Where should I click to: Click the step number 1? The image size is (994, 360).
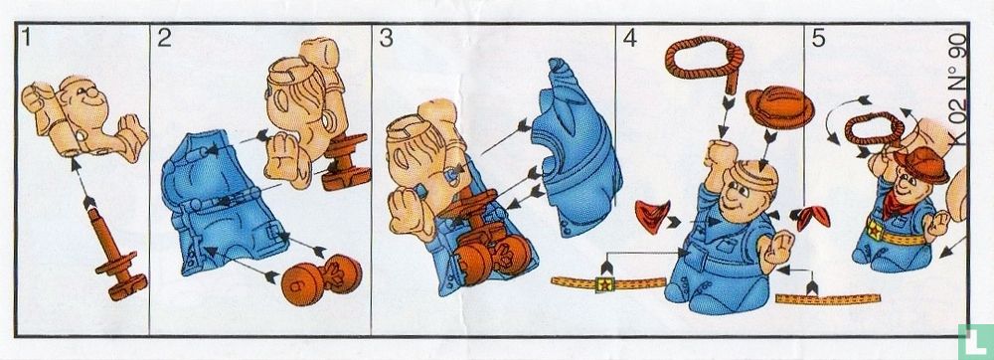(26, 38)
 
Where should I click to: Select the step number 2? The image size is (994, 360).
(164, 38)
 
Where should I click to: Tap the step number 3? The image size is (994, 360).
(386, 38)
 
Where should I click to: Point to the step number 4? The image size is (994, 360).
(629, 38)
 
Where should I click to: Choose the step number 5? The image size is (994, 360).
(818, 38)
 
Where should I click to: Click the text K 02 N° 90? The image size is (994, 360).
(958, 89)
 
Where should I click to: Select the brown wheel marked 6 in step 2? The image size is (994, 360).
(320, 278)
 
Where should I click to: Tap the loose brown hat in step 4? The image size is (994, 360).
(779, 107)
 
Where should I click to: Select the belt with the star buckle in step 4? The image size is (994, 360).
(606, 283)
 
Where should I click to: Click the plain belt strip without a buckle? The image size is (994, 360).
(828, 298)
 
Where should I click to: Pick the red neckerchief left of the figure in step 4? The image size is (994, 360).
(650, 214)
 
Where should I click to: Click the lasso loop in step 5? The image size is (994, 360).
(873, 127)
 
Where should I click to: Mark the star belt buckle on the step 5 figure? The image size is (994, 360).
(875, 230)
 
